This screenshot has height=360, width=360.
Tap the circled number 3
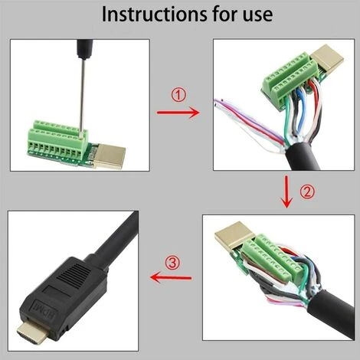click(174, 263)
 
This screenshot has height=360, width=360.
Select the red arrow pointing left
click(171, 277)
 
